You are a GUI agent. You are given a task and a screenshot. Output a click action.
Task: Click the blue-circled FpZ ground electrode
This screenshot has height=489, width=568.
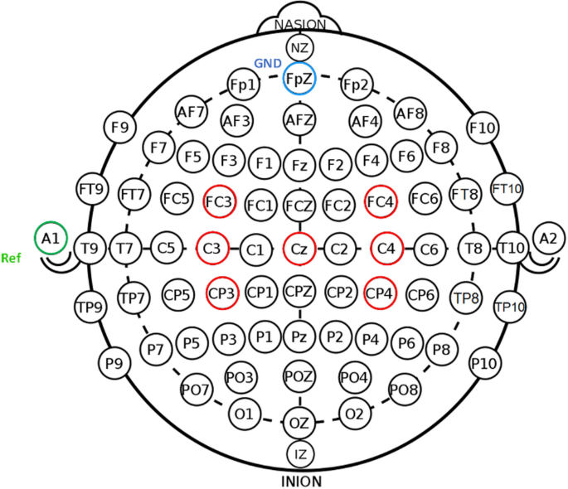(299, 80)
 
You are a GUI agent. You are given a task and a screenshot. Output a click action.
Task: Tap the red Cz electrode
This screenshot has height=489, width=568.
(299, 247)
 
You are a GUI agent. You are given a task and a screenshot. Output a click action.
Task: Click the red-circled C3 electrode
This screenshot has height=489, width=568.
(212, 247)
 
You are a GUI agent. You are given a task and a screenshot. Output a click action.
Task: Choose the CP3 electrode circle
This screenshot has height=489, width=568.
(222, 292)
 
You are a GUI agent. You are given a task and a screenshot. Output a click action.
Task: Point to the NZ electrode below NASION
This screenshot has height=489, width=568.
(299, 47)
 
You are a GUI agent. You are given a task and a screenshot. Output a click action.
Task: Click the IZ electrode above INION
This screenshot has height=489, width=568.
(299, 453)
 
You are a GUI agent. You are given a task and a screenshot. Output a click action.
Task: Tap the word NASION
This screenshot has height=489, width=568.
(299, 25)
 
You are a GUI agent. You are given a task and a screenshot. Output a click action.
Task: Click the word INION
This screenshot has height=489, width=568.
(299, 480)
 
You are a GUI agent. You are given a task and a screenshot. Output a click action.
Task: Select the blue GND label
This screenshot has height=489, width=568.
(266, 64)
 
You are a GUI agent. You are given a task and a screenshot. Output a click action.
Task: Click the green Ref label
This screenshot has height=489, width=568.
(12, 257)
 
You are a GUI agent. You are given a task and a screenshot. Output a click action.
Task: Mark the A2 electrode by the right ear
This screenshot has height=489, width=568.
(548, 239)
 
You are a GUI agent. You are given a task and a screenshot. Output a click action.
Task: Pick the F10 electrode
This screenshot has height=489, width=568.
(482, 127)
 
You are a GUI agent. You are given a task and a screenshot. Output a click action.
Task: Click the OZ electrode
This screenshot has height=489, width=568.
(299, 423)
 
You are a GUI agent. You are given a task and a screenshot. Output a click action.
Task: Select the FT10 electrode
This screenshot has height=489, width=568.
(507, 189)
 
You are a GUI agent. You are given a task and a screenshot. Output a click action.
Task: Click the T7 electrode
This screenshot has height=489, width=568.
(126, 247)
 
